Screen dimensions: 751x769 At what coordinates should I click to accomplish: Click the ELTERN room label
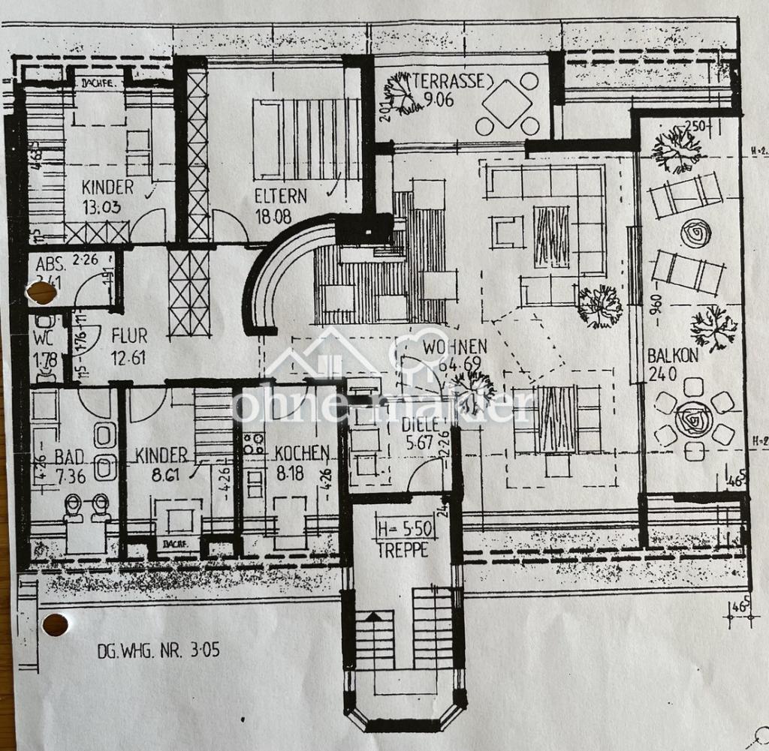(280, 197)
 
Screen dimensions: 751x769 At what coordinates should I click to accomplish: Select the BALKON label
(673, 356)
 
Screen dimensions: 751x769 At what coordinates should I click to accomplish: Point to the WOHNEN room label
(455, 347)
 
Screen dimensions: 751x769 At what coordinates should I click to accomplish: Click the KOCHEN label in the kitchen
(302, 453)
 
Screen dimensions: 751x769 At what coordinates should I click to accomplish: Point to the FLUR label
(129, 335)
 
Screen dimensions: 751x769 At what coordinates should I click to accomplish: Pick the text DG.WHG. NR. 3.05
(158, 650)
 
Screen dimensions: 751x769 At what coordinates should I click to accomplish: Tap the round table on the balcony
(693, 419)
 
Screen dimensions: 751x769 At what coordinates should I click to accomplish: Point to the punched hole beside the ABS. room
(41, 293)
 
